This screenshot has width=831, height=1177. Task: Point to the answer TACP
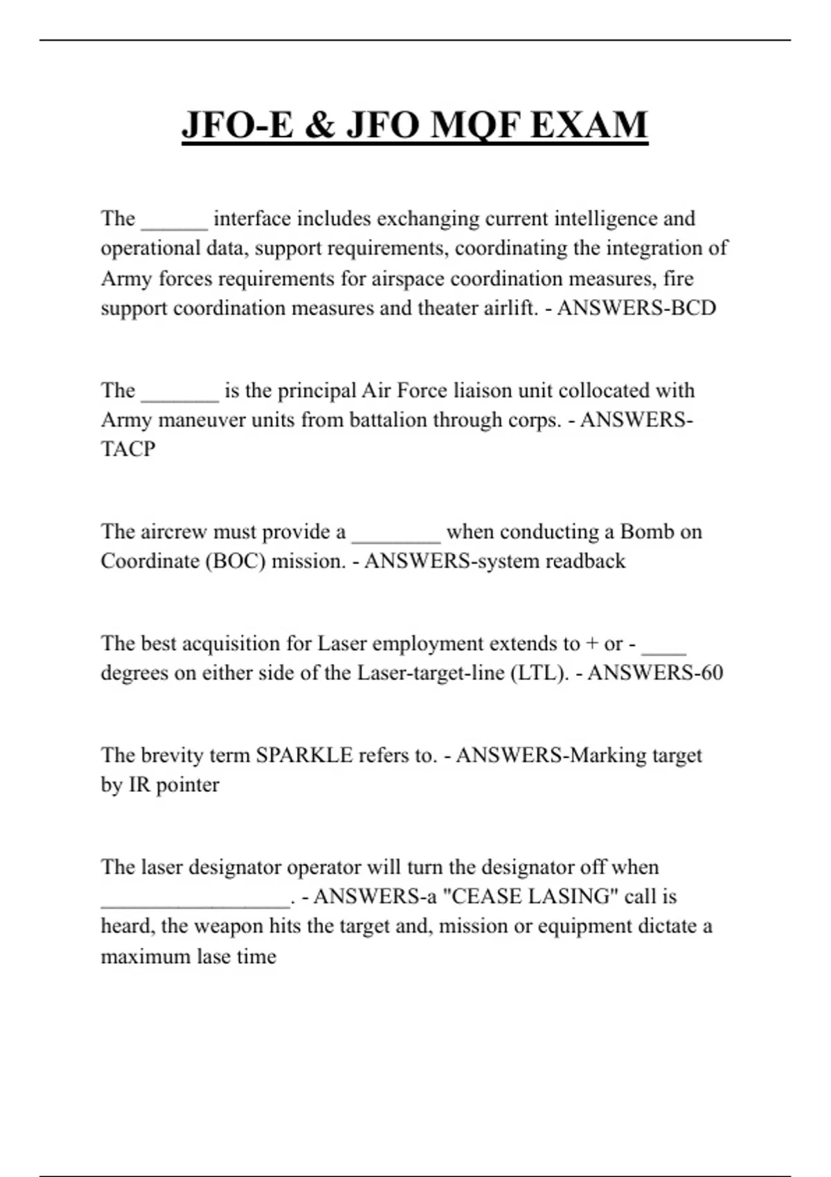point(128,449)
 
